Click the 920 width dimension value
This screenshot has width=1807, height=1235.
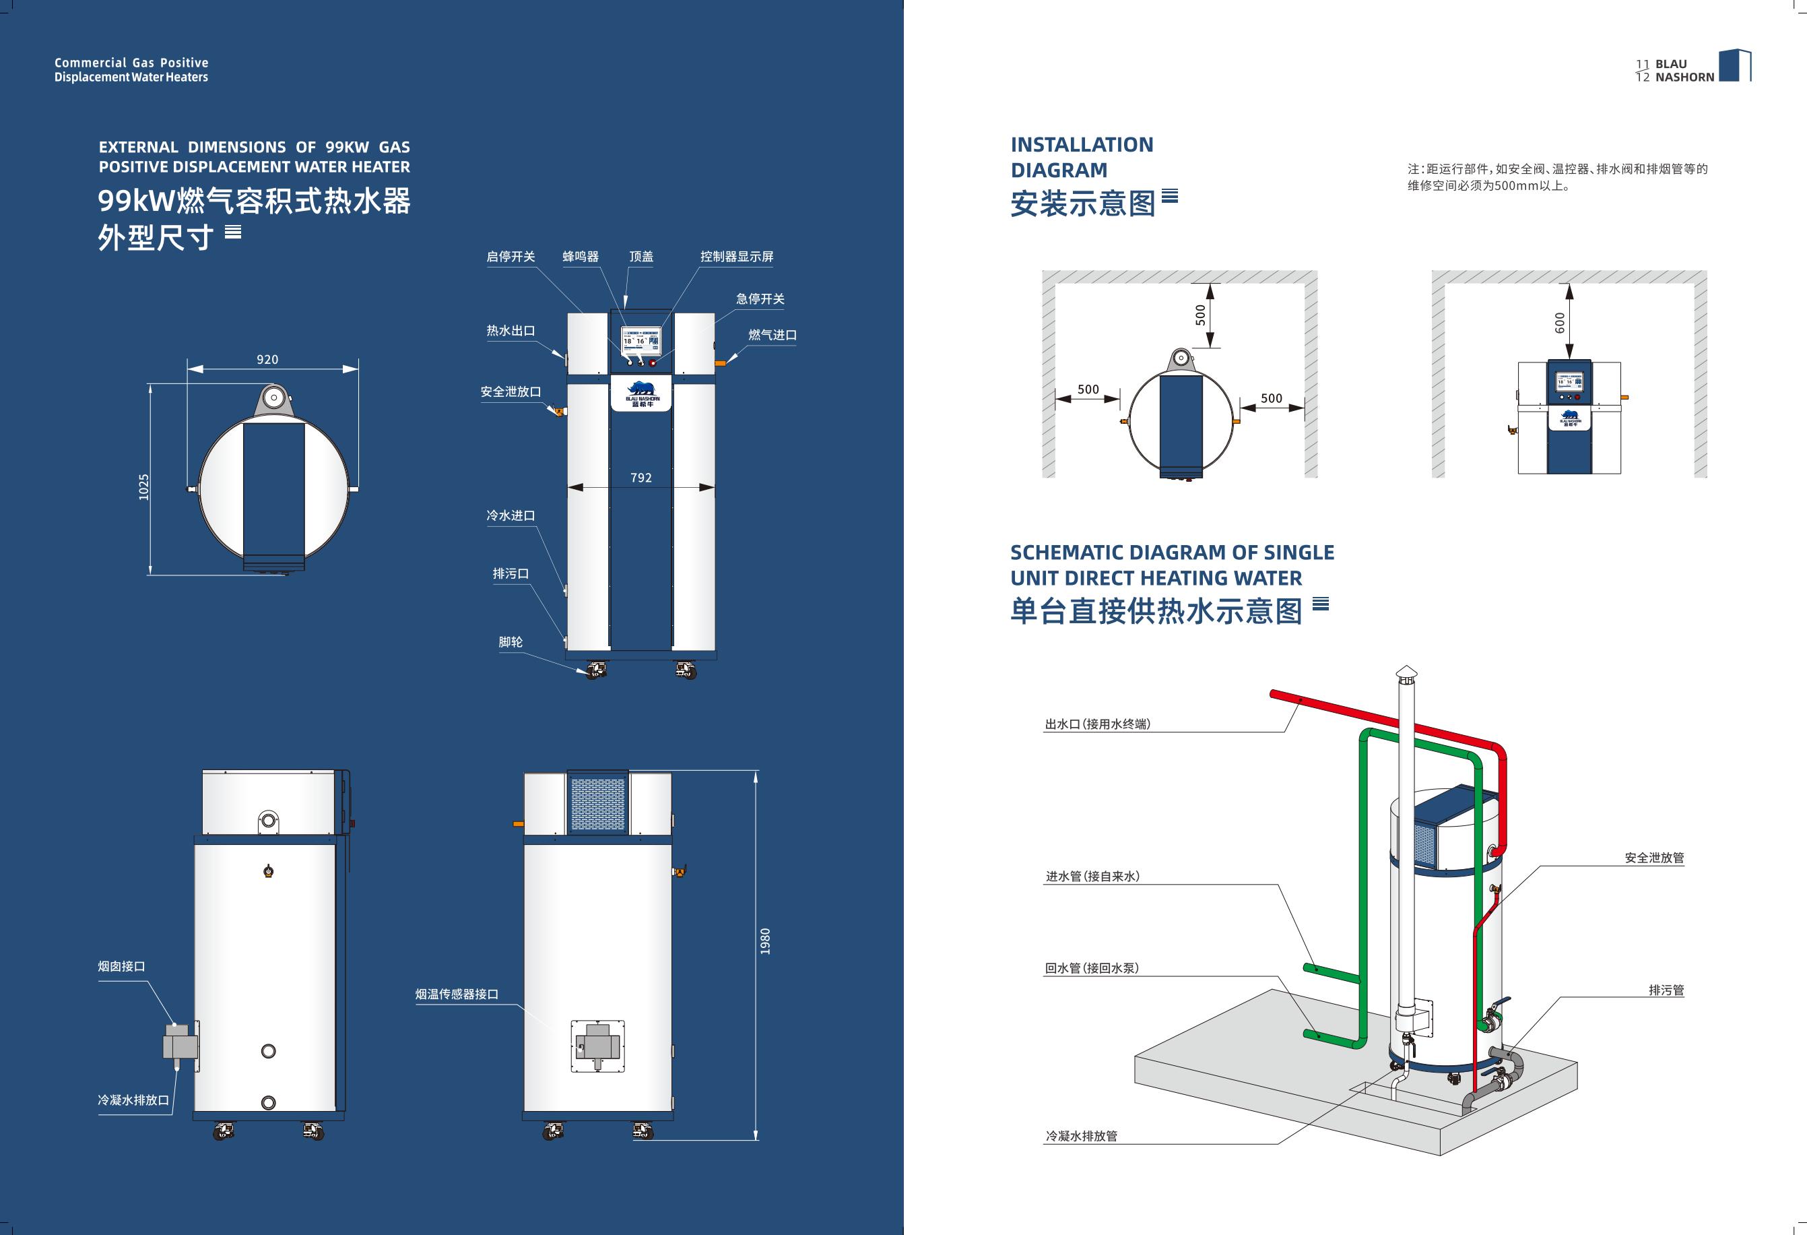[x=267, y=359]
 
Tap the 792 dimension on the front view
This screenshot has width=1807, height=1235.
[x=640, y=478]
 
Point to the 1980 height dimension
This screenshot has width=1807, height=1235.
[x=765, y=941]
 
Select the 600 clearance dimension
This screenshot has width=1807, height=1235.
[x=1560, y=323]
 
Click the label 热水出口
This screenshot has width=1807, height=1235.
[x=511, y=331]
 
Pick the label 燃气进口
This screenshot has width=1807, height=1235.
[x=772, y=335]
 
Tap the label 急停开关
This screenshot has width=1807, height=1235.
[x=760, y=299]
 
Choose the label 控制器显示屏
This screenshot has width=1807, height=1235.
[x=736, y=257]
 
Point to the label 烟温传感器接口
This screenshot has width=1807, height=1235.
[x=457, y=994]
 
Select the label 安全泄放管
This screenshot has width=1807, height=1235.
[x=1654, y=858]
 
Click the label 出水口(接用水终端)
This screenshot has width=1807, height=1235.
[x=1097, y=724]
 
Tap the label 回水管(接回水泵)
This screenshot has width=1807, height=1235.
[x=1092, y=968]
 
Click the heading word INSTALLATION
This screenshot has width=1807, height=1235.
[x=1082, y=145]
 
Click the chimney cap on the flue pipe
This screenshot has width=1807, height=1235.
[x=1406, y=671]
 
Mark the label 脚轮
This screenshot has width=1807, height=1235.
[x=511, y=641]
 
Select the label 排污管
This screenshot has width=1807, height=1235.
[x=1666, y=990]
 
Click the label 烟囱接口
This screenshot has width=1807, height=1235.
[x=121, y=967]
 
